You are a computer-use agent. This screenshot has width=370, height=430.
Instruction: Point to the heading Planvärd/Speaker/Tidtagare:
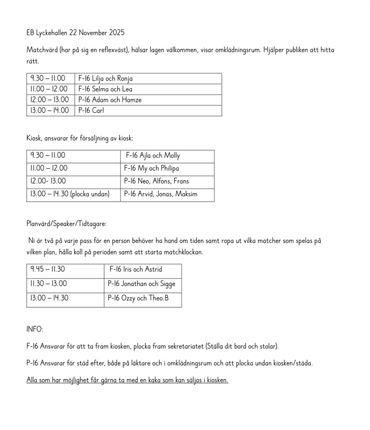(x=67, y=224)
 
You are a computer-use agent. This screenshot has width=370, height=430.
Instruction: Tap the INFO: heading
(x=35, y=329)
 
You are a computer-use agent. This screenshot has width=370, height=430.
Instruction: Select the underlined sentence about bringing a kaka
(x=127, y=380)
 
